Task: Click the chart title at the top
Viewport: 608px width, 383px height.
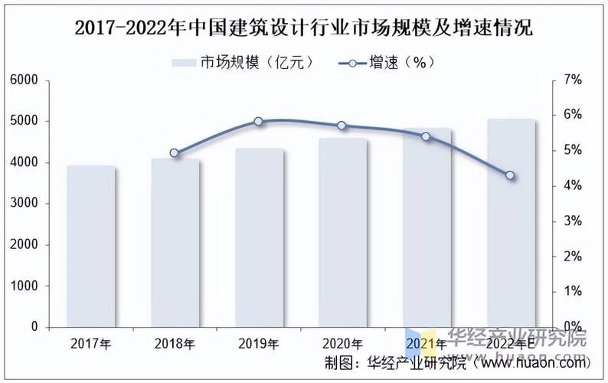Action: click(304, 28)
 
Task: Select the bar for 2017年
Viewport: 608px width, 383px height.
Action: click(91, 247)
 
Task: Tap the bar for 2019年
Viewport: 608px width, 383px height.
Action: click(259, 237)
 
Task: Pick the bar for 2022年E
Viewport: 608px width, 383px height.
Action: click(511, 223)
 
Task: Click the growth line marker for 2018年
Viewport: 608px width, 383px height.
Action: click(174, 152)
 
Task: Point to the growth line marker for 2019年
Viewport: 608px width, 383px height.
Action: click(258, 121)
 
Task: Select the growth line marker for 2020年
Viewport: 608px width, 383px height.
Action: click(342, 126)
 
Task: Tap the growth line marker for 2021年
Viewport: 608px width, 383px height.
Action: click(427, 136)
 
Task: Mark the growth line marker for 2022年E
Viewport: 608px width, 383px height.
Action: click(511, 175)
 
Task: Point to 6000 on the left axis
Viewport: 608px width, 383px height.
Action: click(25, 80)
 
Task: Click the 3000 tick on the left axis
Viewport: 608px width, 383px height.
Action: click(25, 204)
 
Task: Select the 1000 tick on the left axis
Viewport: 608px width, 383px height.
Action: click(25, 286)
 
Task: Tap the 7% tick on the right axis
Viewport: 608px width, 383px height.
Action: click(573, 80)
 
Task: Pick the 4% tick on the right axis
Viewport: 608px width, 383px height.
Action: click(573, 186)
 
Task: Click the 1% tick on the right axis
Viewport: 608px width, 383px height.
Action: click(573, 292)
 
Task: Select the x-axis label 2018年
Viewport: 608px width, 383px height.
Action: click(174, 344)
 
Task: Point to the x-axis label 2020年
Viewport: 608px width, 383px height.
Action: click(342, 344)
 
